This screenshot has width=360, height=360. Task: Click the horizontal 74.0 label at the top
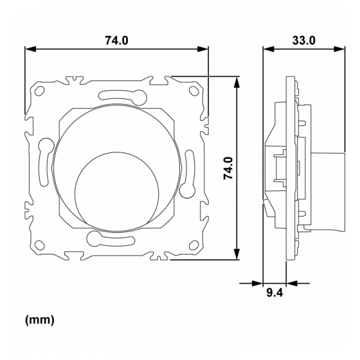(x=118, y=40)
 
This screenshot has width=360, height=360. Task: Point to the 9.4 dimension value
(x=275, y=293)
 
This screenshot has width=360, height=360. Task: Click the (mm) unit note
(x=40, y=320)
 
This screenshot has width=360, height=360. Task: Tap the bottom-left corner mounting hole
(x=40, y=245)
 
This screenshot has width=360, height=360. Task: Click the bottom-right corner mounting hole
(x=193, y=245)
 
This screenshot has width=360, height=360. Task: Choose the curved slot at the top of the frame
(x=120, y=94)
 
